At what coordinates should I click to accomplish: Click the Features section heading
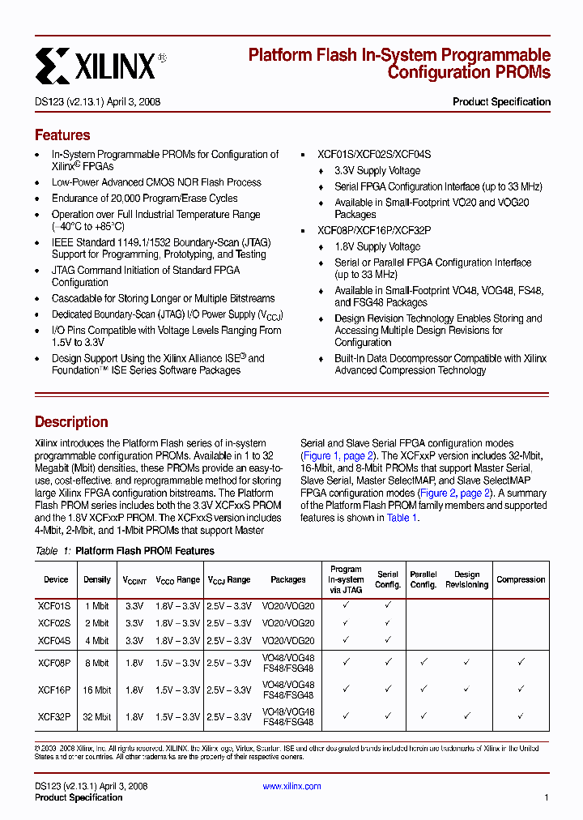click(62, 135)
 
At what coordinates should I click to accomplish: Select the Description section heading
click(71, 422)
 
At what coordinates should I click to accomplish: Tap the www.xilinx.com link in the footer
click(291, 786)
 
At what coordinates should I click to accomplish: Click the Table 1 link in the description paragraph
click(402, 518)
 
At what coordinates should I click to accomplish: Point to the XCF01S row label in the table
click(54, 605)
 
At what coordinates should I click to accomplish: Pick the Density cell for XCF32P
click(96, 716)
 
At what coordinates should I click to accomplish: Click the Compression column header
click(521, 579)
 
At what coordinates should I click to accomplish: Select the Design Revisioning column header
click(466, 579)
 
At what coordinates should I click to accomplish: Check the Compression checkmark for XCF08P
click(521, 663)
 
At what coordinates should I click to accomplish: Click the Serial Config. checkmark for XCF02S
click(388, 623)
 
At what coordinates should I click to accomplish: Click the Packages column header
click(287, 579)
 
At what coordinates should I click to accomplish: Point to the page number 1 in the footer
click(547, 797)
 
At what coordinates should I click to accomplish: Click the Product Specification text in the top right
click(501, 102)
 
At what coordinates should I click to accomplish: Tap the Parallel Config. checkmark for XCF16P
click(423, 690)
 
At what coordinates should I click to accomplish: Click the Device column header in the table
click(56, 579)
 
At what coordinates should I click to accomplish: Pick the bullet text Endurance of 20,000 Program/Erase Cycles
click(144, 199)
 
